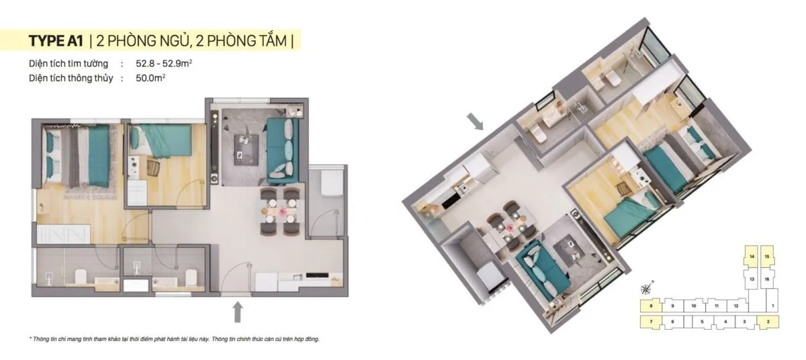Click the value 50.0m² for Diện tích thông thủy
(150, 78)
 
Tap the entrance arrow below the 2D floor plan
(237, 312)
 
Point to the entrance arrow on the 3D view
(476, 121)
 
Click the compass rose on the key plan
(646, 289)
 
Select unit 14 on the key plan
(752, 257)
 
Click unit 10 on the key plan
(694, 306)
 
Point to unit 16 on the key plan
(767, 278)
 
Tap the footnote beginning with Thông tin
(175, 339)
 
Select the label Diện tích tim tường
(69, 64)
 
